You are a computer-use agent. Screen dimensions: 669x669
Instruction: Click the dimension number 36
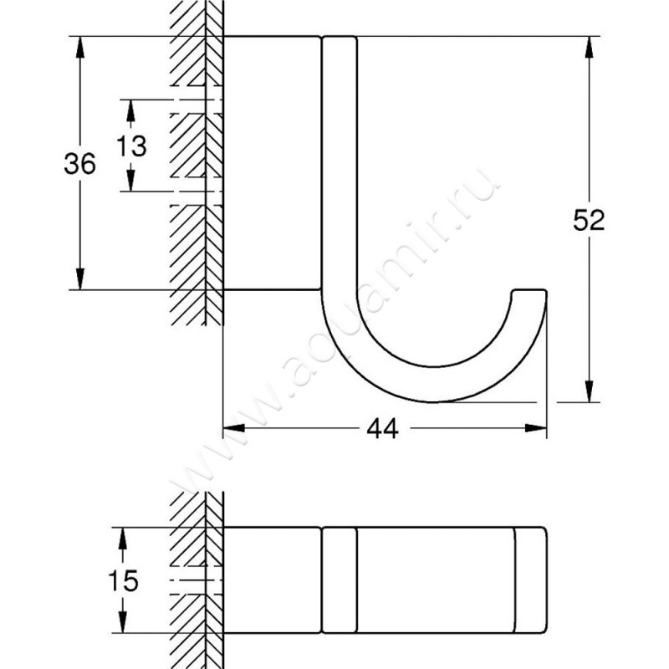(80, 164)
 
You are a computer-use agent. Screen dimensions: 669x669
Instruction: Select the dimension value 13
(131, 146)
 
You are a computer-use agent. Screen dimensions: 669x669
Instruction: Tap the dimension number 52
(589, 220)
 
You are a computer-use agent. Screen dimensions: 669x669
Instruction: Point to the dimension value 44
(381, 428)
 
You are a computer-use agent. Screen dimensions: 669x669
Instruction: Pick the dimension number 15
(124, 580)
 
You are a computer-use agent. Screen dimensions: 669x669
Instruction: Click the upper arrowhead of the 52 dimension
(590, 46)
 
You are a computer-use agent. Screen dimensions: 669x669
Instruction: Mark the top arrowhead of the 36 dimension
(80, 47)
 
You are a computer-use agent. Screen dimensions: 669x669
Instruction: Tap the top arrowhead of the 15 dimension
(123, 538)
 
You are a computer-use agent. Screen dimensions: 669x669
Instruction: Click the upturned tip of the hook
(529, 295)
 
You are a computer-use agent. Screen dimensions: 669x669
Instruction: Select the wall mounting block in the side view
(271, 163)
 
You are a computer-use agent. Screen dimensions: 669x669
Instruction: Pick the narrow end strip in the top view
(530, 580)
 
